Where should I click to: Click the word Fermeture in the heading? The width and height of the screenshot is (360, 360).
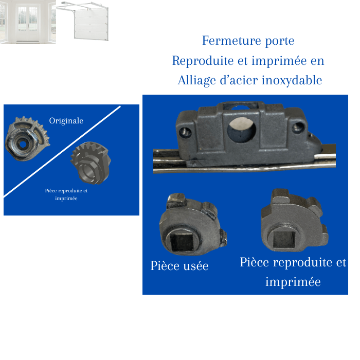click(x=231, y=41)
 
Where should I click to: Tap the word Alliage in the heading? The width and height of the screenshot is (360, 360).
click(x=197, y=81)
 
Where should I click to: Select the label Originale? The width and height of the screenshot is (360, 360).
click(x=66, y=121)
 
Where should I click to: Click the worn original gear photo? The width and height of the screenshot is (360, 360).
click(x=28, y=139)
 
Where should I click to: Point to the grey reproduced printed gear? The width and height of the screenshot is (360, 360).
click(x=91, y=163)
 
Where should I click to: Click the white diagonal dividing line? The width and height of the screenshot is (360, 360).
click(x=62, y=151)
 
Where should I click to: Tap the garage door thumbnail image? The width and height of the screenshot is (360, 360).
click(x=83, y=21)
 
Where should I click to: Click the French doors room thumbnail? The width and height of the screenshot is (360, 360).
click(x=28, y=22)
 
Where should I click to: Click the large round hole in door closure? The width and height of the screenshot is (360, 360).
click(x=242, y=130)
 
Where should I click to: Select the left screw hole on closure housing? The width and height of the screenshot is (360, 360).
click(x=185, y=133)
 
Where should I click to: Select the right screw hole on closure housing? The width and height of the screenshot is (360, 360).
click(x=298, y=128)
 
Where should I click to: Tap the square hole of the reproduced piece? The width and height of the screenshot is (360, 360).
click(x=284, y=239)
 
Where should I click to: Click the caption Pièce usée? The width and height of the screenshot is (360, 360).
click(x=179, y=266)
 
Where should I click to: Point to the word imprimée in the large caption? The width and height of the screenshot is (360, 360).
click(x=293, y=282)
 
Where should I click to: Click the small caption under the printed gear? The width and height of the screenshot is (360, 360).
click(x=66, y=194)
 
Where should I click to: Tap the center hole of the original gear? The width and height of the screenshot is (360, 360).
click(x=23, y=145)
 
